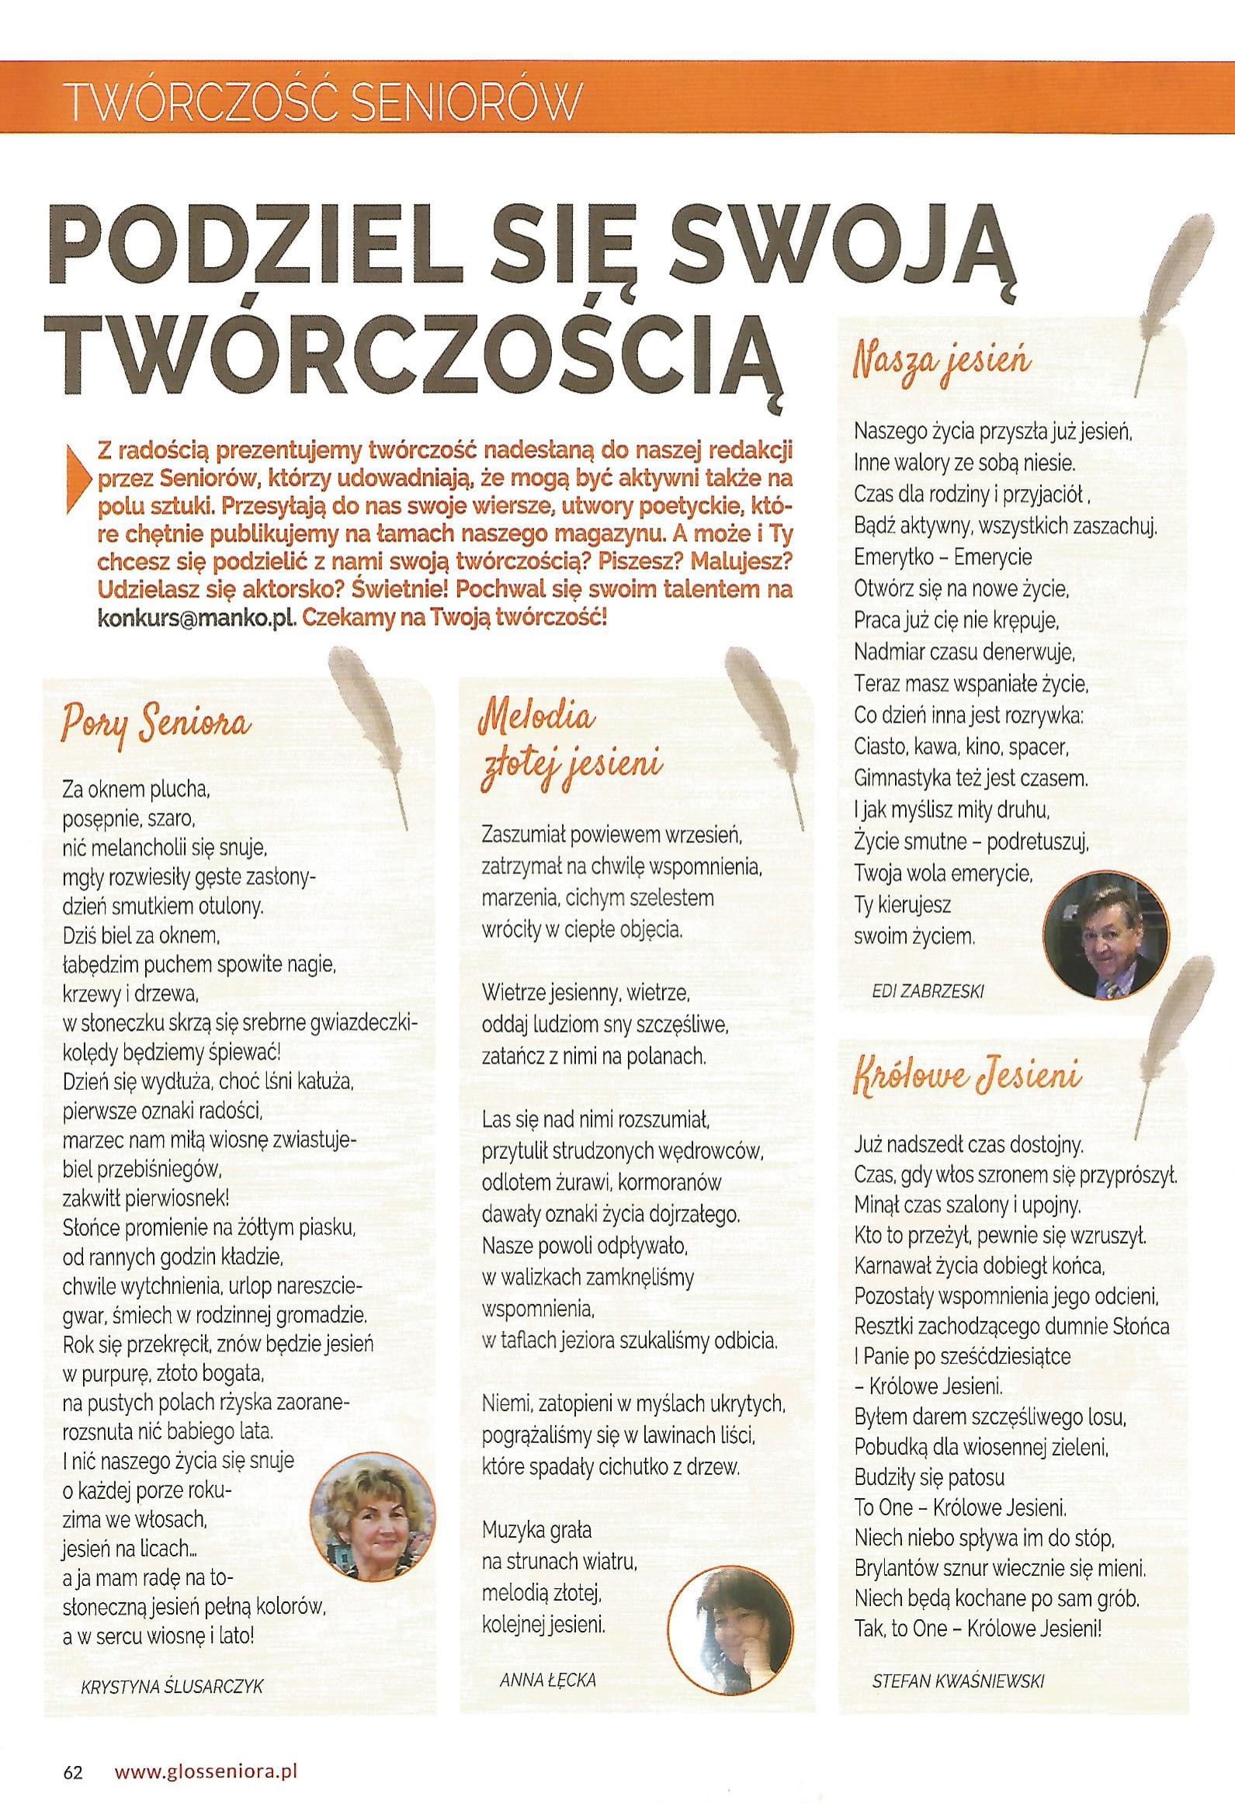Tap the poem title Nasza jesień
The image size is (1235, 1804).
[x=942, y=363]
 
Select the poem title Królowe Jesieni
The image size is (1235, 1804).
[x=967, y=1078]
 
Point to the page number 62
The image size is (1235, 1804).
[x=73, y=1750]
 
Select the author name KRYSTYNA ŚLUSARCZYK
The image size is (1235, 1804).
[x=172, y=1686]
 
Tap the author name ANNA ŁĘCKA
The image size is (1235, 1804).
[x=548, y=1680]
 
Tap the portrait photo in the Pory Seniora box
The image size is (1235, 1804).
[x=371, y=1520]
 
